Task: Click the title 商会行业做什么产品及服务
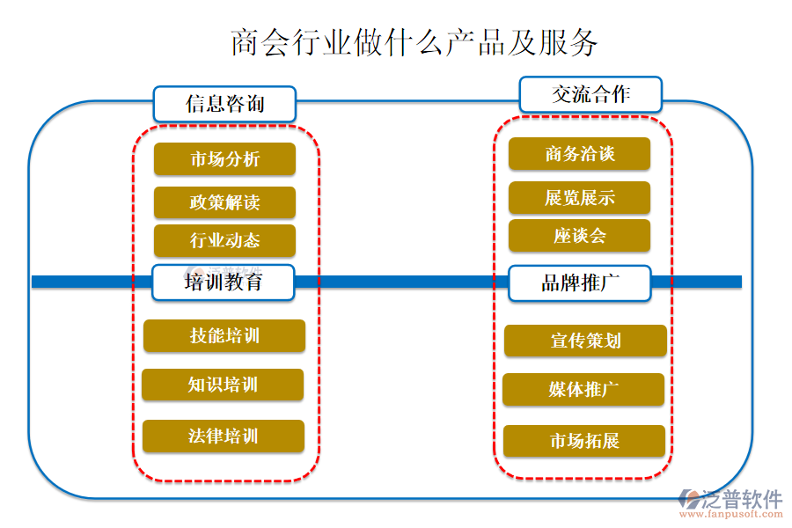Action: (x=414, y=41)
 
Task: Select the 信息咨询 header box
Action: (x=225, y=104)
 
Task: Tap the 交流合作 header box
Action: (x=590, y=94)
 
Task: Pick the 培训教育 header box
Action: (x=224, y=282)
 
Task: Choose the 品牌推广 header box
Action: (x=580, y=283)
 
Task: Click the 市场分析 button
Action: (x=224, y=159)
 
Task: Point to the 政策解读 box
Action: (x=224, y=202)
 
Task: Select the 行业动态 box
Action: (x=224, y=240)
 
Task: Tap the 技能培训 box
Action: (x=224, y=335)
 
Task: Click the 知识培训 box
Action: (x=223, y=385)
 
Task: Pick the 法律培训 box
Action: (x=223, y=436)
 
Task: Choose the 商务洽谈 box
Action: (x=579, y=154)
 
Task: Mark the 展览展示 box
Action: (x=579, y=198)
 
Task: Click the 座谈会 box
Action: (x=579, y=236)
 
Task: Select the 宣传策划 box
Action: (x=584, y=341)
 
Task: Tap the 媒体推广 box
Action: (x=583, y=390)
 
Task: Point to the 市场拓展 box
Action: (x=583, y=441)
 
